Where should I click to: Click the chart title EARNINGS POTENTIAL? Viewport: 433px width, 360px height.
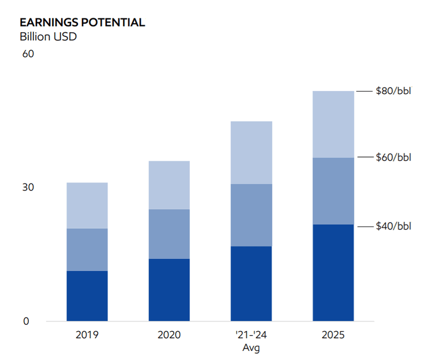[x=82, y=22]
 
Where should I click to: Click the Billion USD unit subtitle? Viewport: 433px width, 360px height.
[x=48, y=37]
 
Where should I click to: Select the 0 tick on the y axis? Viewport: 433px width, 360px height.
[x=26, y=321]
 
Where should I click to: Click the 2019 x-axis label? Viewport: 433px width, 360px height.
[x=87, y=335]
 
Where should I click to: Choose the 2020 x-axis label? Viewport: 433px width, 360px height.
[x=169, y=335]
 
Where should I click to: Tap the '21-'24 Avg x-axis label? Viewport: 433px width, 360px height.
[x=251, y=341]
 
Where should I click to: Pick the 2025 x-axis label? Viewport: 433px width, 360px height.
[x=333, y=335]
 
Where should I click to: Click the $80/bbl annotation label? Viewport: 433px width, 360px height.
[x=393, y=91]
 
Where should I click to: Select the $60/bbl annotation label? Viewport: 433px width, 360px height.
[x=393, y=157]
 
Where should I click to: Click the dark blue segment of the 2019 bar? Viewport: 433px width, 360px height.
[x=87, y=296]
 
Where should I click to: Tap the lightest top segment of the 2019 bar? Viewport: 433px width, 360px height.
[x=87, y=205]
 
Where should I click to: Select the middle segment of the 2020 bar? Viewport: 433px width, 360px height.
[x=169, y=234]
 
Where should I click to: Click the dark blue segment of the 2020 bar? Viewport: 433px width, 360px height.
[x=169, y=290]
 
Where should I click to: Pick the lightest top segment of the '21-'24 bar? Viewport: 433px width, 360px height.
[x=251, y=152]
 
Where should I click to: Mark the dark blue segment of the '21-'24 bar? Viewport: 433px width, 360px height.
[x=251, y=283]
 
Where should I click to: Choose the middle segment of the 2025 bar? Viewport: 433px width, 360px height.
[x=333, y=191]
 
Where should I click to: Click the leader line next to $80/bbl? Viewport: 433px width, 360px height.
[x=364, y=91]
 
